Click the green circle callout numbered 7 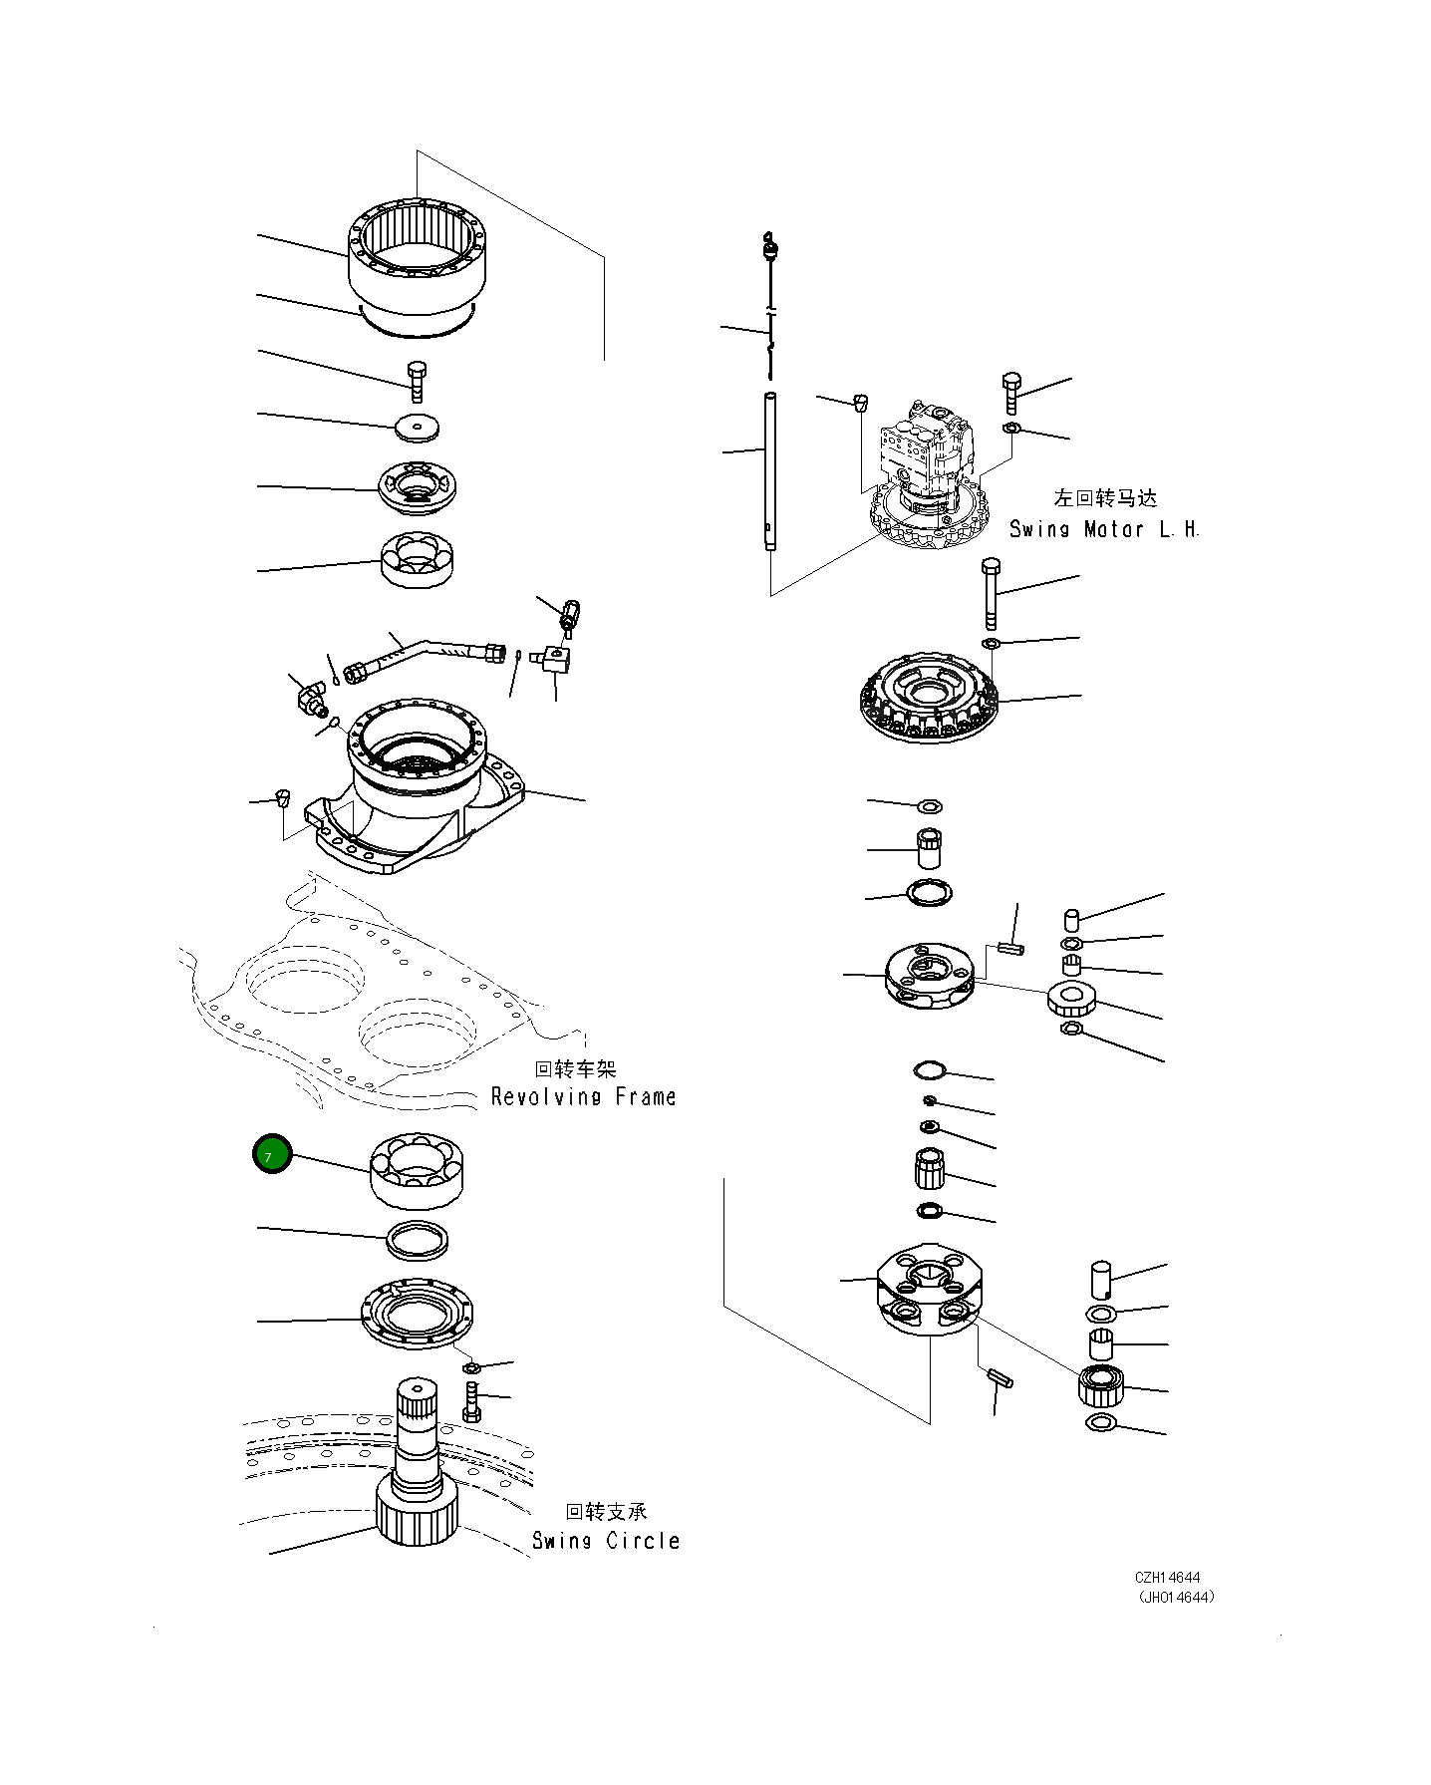tap(272, 1154)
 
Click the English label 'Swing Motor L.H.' tap(1104, 529)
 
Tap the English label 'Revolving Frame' tap(584, 1096)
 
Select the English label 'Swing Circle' tap(606, 1540)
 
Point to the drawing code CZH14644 tap(1167, 1578)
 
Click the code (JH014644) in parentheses tap(1176, 1597)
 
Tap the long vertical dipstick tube tap(770, 470)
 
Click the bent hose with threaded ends tap(426, 655)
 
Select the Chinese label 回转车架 tap(576, 1069)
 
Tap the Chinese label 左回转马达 tap(1105, 498)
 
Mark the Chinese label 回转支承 tap(607, 1512)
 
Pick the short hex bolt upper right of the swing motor tap(1011, 394)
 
